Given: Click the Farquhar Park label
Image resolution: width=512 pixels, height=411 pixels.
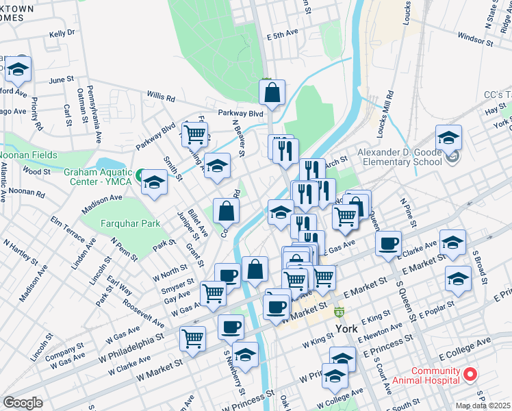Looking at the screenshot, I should click(117, 223).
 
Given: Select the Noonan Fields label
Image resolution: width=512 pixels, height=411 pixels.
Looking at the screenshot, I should click(24, 155).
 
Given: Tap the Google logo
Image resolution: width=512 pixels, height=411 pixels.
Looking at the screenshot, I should click(23, 403).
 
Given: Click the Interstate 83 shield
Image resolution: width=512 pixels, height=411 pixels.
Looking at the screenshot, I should click(339, 312).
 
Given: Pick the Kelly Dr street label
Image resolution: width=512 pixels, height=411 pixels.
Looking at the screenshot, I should click(62, 33).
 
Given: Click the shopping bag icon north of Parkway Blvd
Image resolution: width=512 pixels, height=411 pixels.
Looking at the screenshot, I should click(272, 93).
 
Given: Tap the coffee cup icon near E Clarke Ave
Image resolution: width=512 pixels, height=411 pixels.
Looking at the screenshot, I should click(388, 245).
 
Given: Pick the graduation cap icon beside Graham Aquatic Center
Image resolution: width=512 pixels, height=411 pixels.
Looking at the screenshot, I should click(155, 183).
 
